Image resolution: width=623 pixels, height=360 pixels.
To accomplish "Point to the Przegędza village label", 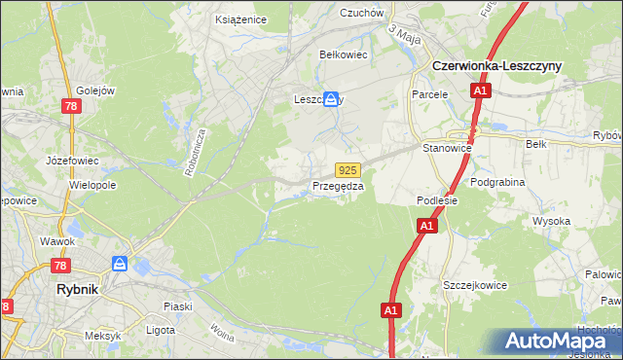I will [x=338, y=186].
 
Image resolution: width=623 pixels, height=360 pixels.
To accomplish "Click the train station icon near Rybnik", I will [x=120, y=264].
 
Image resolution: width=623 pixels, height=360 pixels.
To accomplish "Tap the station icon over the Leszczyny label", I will [x=331, y=99].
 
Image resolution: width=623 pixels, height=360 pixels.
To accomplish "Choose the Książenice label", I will [x=239, y=18].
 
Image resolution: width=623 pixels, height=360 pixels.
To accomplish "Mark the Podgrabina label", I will [x=496, y=181].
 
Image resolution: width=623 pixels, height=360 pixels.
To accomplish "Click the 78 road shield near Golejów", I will [x=69, y=107].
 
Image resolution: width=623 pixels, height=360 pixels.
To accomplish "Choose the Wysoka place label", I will [x=550, y=221].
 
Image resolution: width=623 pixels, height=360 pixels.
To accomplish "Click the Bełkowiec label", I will [x=344, y=54].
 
